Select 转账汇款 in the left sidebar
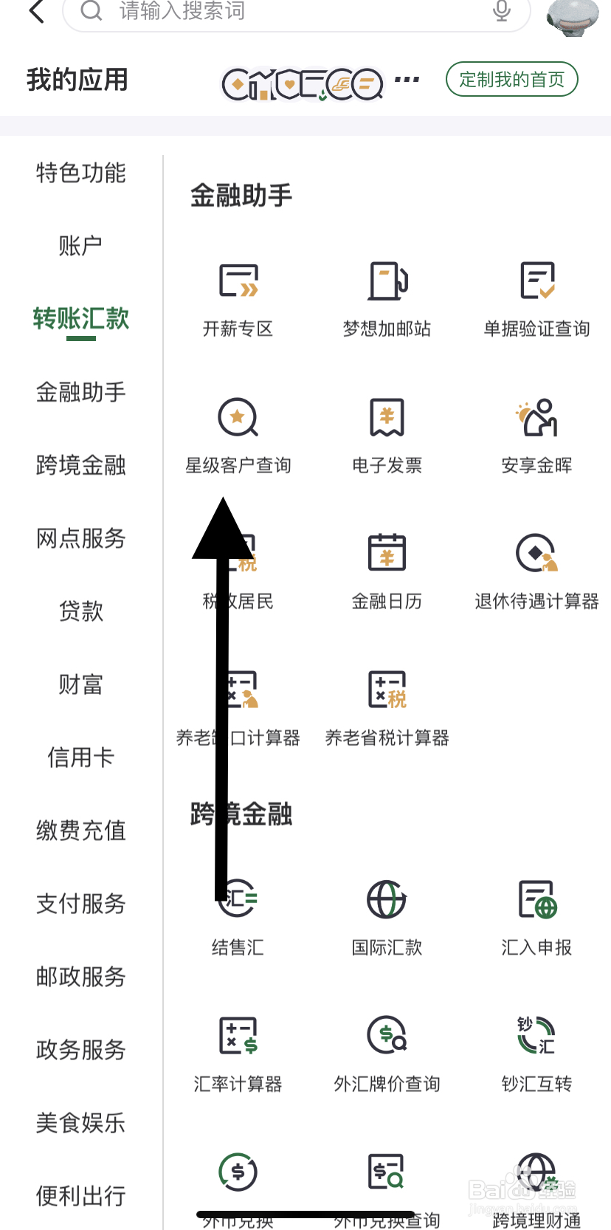(x=81, y=319)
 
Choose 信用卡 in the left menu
(x=81, y=757)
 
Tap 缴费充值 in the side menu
(x=81, y=831)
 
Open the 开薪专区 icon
(x=238, y=281)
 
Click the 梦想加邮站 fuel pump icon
(x=387, y=281)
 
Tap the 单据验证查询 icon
(x=537, y=281)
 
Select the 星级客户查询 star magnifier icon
(x=238, y=418)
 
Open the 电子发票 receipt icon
(x=387, y=418)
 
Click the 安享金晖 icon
(x=537, y=418)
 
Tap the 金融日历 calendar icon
(x=387, y=553)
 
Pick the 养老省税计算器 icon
(x=387, y=690)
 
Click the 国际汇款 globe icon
(x=387, y=899)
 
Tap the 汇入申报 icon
(x=537, y=899)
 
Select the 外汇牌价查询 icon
(x=387, y=1035)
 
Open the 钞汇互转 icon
(x=537, y=1035)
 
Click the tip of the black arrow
(x=223, y=500)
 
